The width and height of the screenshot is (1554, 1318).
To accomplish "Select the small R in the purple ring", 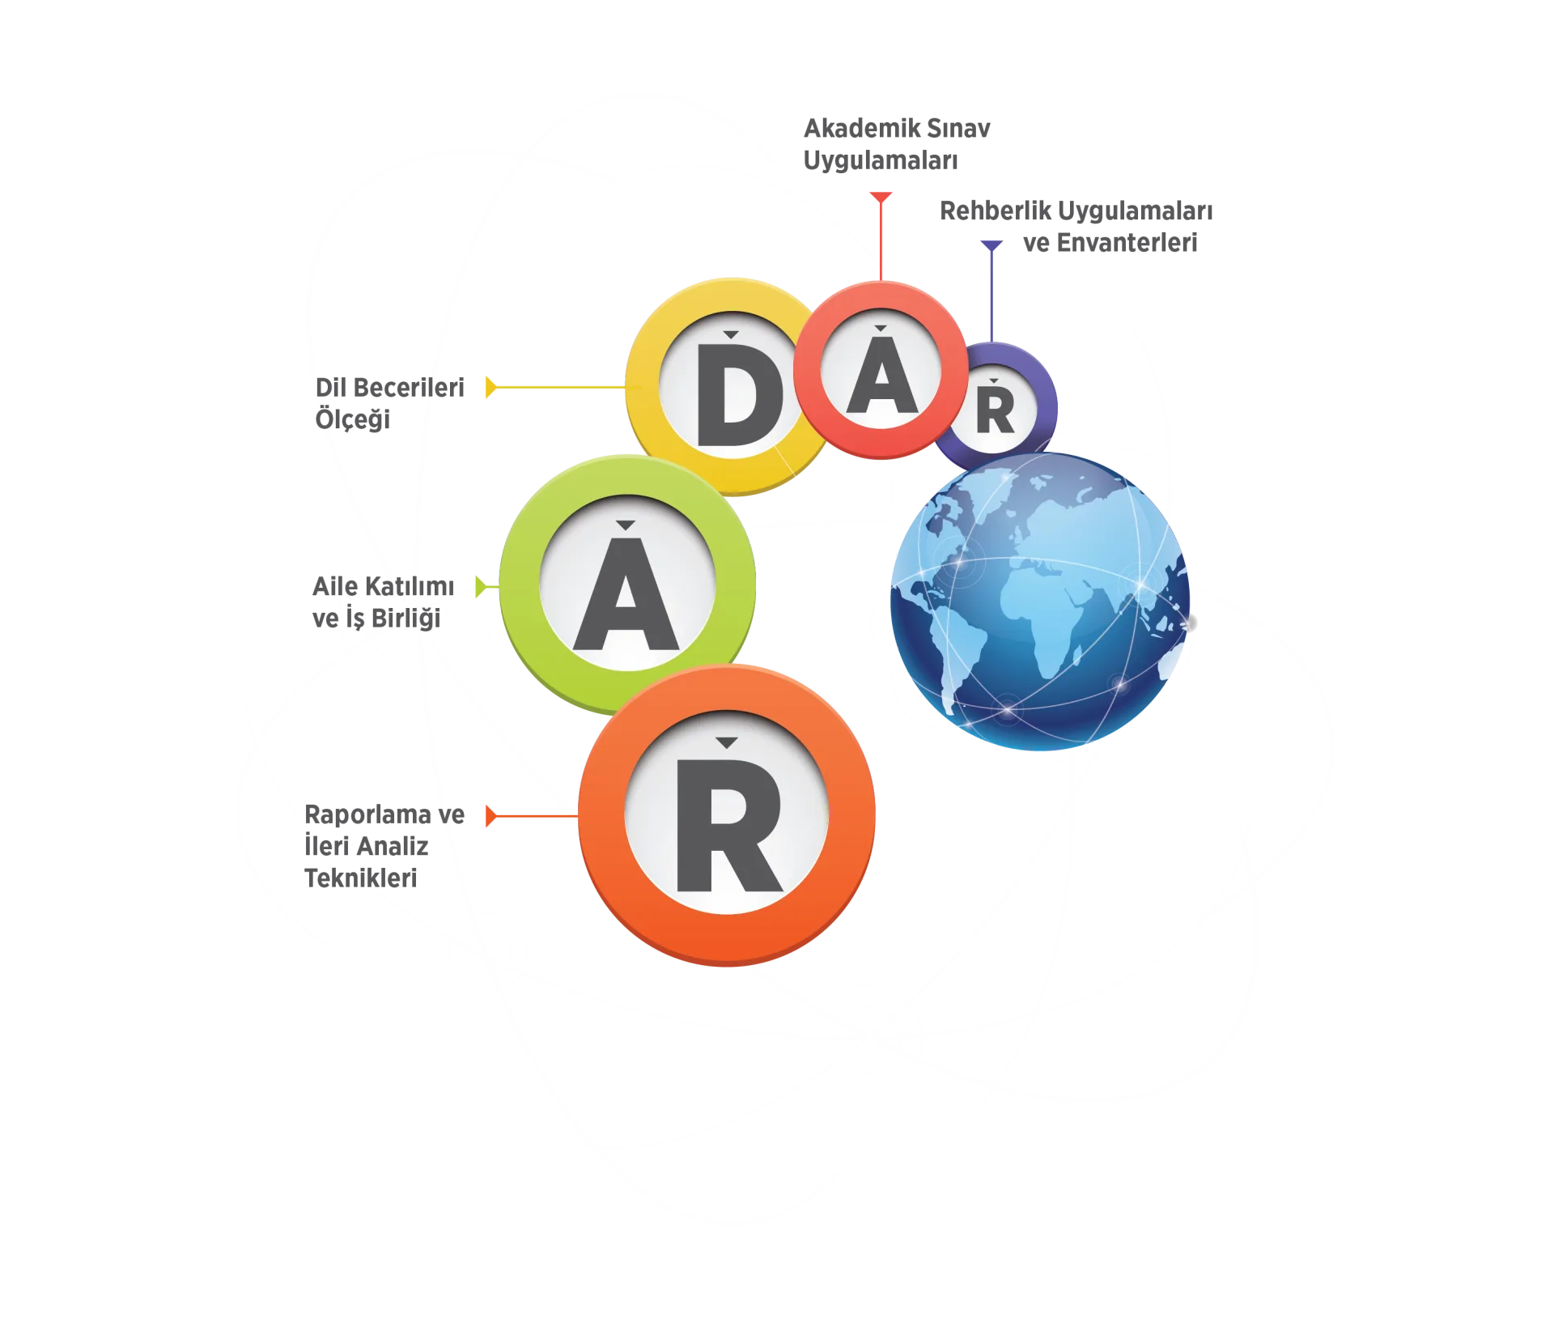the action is click(995, 411).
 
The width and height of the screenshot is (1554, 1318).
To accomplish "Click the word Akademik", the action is click(861, 128).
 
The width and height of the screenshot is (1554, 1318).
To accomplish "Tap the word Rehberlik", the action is click(995, 210).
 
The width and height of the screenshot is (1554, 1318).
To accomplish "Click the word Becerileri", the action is click(409, 388).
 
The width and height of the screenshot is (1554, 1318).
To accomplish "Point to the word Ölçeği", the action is click(353, 420).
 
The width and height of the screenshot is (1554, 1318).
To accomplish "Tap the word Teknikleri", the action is click(361, 878).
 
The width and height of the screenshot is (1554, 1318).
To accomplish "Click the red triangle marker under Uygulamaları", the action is click(881, 198).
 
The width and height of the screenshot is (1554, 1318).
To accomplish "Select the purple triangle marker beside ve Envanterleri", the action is click(991, 245).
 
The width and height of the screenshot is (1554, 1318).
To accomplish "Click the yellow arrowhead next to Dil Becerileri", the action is click(490, 387).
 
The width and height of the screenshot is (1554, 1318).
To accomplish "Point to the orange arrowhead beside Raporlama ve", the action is click(490, 816).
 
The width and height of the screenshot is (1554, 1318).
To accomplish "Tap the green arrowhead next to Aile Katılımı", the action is click(481, 587).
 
